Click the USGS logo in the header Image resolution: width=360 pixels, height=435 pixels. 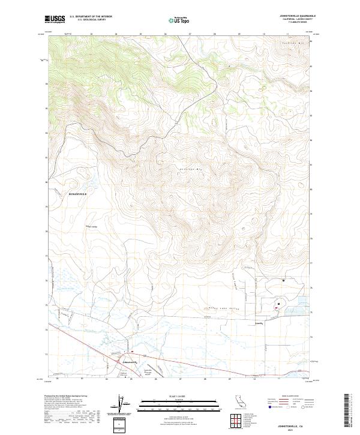[55, 19]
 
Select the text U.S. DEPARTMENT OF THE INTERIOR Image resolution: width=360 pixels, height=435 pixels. [90, 17]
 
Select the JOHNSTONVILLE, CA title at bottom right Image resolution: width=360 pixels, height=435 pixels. [294, 425]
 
